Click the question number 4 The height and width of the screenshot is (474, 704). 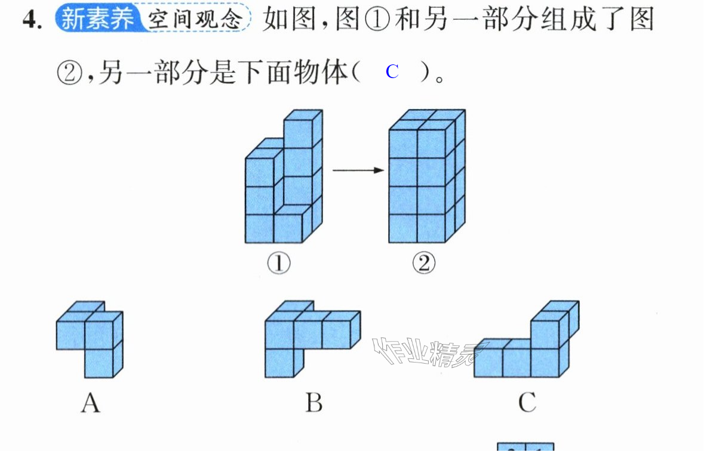click(x=32, y=20)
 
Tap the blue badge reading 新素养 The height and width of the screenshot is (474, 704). click(x=97, y=19)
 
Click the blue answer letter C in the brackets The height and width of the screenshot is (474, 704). click(x=392, y=72)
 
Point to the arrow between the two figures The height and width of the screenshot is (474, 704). click(x=358, y=171)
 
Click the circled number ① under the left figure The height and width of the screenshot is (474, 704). click(x=279, y=263)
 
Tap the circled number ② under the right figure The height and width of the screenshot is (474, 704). click(x=424, y=263)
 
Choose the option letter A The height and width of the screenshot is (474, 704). click(x=90, y=402)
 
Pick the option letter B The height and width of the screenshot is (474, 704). click(x=314, y=402)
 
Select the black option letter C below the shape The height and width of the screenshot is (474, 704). click(x=527, y=402)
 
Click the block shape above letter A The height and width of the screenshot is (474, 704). click(x=90, y=339)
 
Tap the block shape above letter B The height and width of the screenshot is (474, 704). click(x=312, y=339)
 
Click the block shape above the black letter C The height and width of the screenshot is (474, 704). click(x=527, y=339)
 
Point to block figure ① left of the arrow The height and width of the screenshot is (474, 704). click(x=284, y=176)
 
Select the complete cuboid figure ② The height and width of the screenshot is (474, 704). click(x=427, y=176)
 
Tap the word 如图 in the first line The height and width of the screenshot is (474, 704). click(x=288, y=20)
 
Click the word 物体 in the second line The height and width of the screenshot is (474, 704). click(x=321, y=72)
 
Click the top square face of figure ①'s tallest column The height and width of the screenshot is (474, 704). click(x=303, y=115)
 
